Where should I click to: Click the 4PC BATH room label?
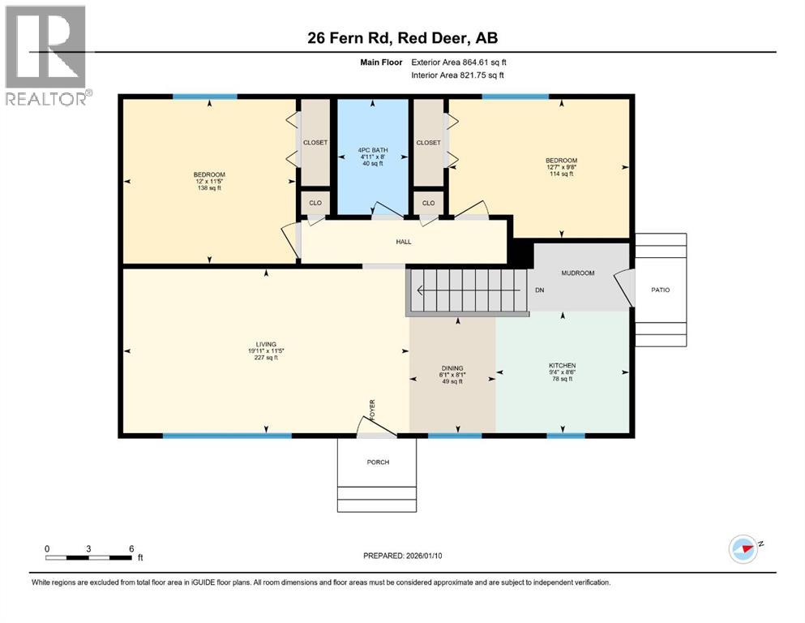coord(372,150)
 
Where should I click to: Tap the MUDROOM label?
coord(578,273)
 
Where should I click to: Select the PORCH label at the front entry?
coord(378,462)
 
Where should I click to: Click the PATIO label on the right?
coord(661,290)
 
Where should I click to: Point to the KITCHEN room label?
coord(562,366)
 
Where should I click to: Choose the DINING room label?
coord(452,367)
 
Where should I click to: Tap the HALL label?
coord(403,241)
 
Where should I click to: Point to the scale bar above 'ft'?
coord(89,557)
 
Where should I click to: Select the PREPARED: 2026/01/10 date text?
coord(403,556)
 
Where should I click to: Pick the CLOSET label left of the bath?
coord(315,143)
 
